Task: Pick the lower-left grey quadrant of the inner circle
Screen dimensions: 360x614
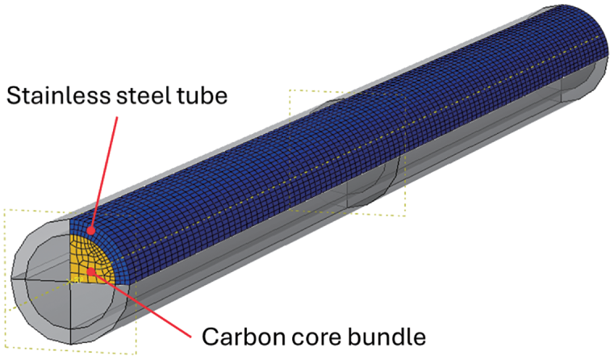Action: click(48, 299)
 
